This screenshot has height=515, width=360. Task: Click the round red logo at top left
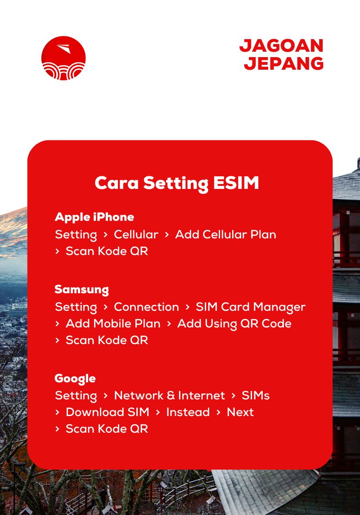pos(63,58)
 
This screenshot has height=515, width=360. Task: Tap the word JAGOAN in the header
pos(281,45)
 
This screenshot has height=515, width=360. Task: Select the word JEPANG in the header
pos(284,63)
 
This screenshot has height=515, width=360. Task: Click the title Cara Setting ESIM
pos(177,183)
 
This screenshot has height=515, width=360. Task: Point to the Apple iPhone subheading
pos(94,217)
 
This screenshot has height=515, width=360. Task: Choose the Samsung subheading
pos(81,289)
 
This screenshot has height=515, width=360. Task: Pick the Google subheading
pos(75,378)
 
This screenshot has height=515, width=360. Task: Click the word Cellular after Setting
pos(136,234)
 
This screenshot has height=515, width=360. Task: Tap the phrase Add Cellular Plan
pos(225,234)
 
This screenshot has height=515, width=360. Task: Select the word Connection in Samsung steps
pos(146,307)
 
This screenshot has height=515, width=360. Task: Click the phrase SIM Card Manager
pos(250,307)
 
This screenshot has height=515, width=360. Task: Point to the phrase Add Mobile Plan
pos(113,323)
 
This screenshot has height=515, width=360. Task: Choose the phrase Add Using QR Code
pos(234,323)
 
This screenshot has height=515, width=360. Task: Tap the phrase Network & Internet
pos(169,395)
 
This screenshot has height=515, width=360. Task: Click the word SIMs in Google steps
pos(256,395)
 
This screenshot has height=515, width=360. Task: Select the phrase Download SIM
pos(108,412)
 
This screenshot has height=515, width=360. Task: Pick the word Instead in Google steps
pos(188,412)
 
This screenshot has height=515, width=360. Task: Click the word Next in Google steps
pos(240,412)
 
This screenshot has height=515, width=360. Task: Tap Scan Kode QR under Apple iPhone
pos(107,251)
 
